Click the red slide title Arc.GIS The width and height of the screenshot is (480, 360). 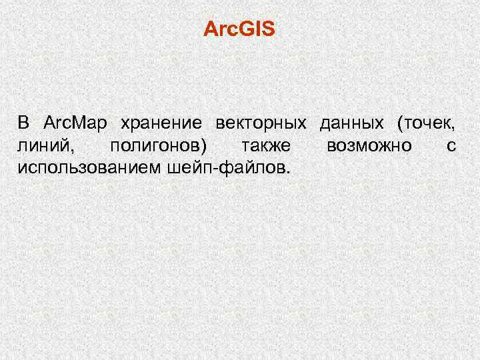coord(239,30)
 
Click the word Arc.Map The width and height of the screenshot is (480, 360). coord(75,123)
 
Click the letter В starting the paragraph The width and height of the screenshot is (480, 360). coord(24,123)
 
